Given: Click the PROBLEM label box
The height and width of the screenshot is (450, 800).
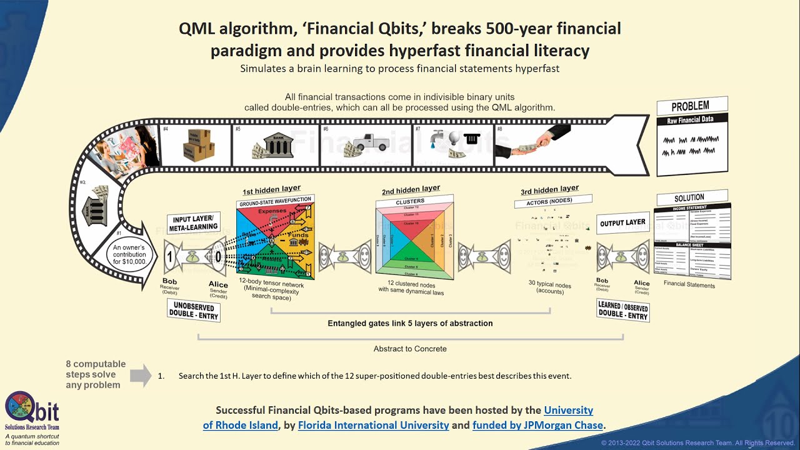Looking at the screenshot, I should click(691, 106).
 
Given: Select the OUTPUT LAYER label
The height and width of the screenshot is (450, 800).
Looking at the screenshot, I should click(622, 223).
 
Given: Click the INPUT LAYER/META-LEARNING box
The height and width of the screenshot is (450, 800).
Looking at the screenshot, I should click(193, 222).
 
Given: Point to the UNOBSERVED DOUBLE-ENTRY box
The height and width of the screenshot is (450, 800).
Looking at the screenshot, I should click(193, 311).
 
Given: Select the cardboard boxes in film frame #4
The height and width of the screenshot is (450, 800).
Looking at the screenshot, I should click(199, 144).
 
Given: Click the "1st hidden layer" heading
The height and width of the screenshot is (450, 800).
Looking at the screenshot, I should click(271, 189).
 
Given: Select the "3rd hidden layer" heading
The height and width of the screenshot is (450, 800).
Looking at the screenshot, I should click(549, 189).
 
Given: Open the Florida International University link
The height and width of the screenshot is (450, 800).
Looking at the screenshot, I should click(373, 425).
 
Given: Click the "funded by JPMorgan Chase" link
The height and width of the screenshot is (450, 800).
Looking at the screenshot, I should click(537, 425).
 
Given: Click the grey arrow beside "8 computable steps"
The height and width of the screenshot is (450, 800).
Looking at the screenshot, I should click(141, 375).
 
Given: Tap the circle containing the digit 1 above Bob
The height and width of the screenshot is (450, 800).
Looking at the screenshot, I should click(169, 256).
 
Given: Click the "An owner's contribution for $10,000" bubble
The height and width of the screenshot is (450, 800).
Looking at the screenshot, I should click(129, 255).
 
